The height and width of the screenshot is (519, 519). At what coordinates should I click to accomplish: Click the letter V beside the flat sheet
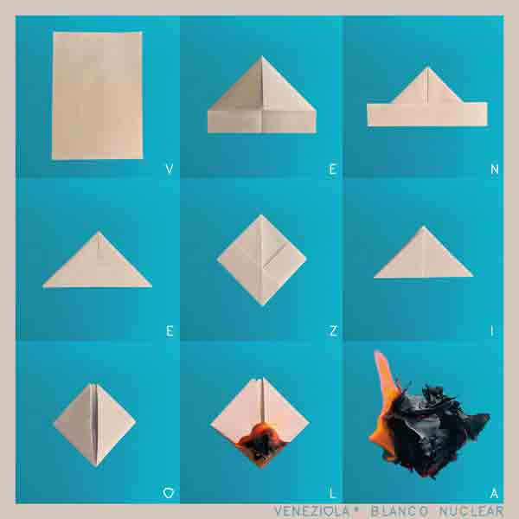point(170,170)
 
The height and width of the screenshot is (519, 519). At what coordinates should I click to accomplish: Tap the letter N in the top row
point(495,170)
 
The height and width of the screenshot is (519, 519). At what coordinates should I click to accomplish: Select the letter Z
point(333,330)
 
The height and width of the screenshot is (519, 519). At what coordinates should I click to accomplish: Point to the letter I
point(492,330)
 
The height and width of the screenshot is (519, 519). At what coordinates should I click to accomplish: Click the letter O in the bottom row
point(169,493)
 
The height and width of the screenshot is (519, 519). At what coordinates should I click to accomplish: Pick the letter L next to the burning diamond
point(333,493)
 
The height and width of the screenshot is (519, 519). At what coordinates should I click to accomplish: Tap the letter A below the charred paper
point(494,493)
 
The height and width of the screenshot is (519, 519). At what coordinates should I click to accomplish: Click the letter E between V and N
point(333,170)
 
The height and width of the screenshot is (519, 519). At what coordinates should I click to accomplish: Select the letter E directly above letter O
point(170,330)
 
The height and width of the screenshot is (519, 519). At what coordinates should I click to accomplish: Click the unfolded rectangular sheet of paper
point(97,95)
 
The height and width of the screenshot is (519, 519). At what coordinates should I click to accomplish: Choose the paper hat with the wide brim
point(427,97)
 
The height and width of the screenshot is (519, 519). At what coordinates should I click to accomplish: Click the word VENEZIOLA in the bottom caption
point(311,510)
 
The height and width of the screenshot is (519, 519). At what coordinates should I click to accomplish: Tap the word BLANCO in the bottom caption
point(399,510)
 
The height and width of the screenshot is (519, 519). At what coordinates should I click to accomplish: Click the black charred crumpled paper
point(433,430)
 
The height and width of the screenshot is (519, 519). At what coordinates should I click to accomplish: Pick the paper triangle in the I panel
point(424,253)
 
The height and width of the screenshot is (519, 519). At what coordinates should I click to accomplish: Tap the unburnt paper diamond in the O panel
point(94,425)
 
